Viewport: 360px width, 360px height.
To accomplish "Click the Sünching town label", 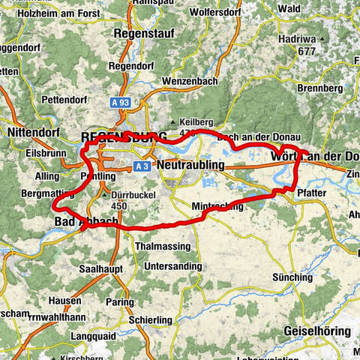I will (292, 277).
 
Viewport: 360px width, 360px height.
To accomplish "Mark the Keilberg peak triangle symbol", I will (175, 121).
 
